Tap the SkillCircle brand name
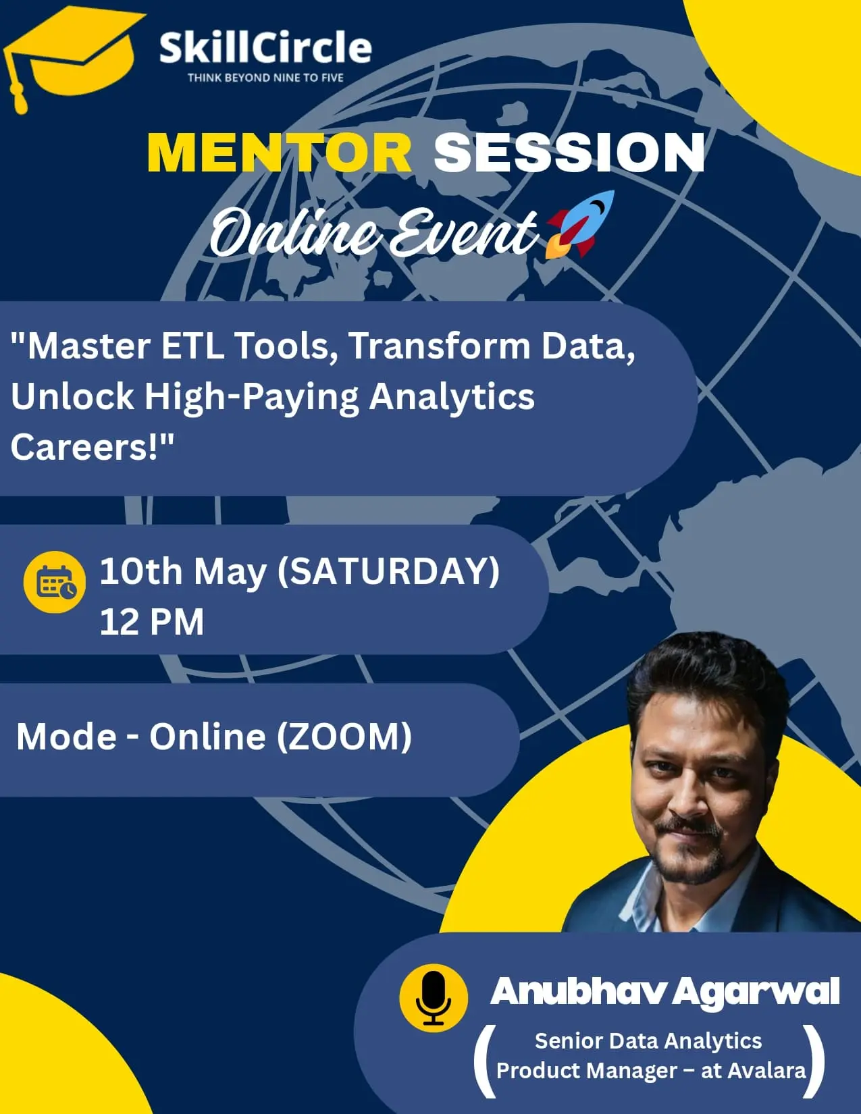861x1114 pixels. click(265, 47)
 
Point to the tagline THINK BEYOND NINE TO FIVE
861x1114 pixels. click(265, 78)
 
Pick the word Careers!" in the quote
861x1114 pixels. click(93, 446)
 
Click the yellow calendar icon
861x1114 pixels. click(55, 582)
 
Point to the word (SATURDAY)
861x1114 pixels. click(389, 571)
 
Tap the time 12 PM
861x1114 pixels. click(152, 622)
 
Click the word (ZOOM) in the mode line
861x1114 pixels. click(344, 736)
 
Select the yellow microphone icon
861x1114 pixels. click(434, 998)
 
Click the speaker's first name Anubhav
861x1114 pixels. click(577, 991)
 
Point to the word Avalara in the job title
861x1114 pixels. click(768, 1070)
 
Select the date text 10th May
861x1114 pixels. click(183, 571)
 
